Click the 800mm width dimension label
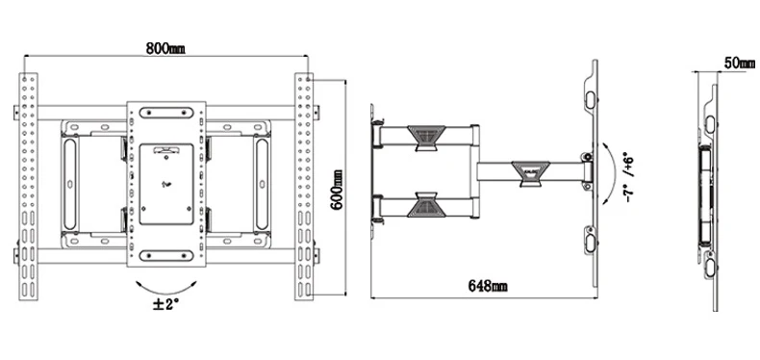[165, 48]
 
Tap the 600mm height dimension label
[337, 190]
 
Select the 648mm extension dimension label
[488, 286]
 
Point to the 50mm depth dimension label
[740, 64]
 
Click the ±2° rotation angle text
[165, 305]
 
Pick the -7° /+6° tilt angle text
[629, 177]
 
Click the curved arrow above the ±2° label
[166, 288]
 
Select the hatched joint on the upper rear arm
[426, 138]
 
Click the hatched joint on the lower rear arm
[426, 204]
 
